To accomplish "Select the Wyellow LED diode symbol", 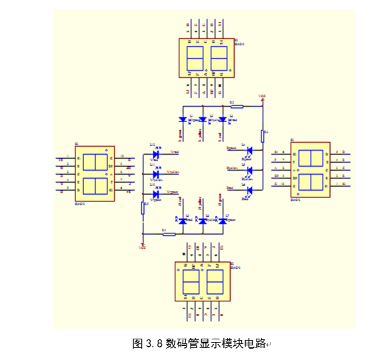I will (x=155, y=175).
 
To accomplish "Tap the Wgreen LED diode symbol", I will (x=155, y=193).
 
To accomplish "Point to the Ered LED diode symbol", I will (x=249, y=190).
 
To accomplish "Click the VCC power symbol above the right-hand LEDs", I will (x=262, y=98).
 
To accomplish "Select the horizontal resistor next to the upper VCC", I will (x=235, y=106).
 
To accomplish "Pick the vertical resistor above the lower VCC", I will (x=143, y=209).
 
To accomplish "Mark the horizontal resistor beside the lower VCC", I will (x=169, y=234).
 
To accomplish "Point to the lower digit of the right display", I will (x=311, y=181).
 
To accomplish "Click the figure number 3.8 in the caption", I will (x=154, y=344).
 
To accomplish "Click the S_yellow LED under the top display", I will (x=203, y=120).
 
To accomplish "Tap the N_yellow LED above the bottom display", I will (x=203, y=219).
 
